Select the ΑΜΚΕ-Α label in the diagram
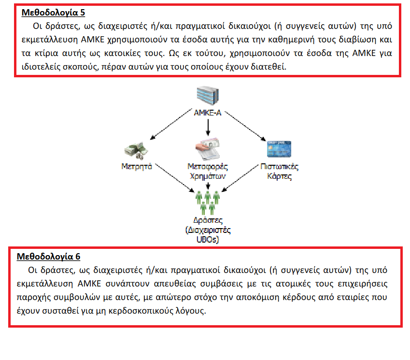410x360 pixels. point(207,114)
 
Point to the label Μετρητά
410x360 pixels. point(137,167)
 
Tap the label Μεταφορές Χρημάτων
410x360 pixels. point(208,172)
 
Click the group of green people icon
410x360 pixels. point(208,202)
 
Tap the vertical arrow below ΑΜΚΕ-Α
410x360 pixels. point(208,127)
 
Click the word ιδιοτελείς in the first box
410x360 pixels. point(43,66)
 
